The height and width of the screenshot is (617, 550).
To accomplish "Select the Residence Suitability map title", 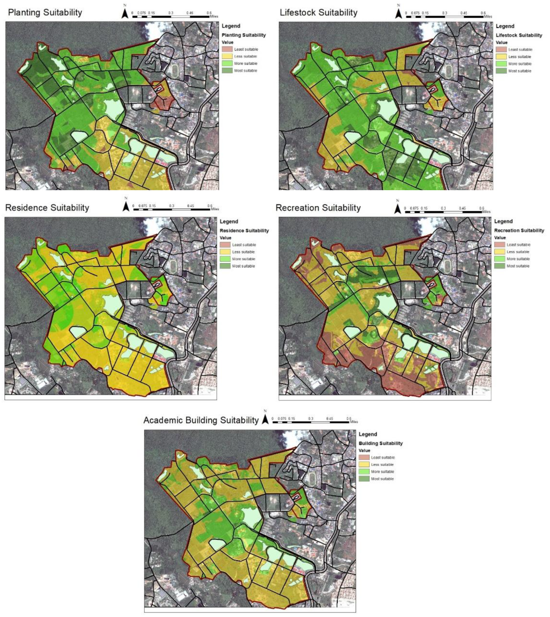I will (x=47, y=208).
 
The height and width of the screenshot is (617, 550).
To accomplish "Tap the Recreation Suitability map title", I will (x=318, y=208).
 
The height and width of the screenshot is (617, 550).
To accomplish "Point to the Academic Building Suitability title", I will (x=201, y=420).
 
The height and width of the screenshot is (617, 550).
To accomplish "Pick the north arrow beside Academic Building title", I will (x=265, y=419).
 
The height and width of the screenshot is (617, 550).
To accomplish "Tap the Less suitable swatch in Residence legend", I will (x=225, y=252).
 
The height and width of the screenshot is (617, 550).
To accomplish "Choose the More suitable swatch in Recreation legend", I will (x=499, y=259).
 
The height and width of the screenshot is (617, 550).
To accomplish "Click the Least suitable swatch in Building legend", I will (x=364, y=458).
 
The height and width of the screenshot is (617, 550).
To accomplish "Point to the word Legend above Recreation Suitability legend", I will (x=503, y=221).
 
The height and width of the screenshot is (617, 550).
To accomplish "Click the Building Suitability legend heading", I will (x=380, y=443).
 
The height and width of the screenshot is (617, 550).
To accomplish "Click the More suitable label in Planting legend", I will (x=245, y=63).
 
